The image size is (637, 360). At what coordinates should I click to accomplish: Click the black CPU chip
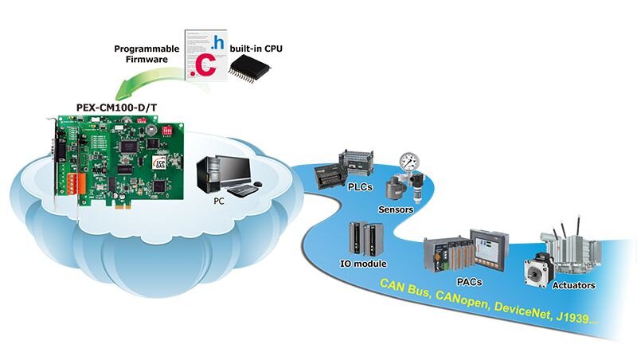[x=249, y=70]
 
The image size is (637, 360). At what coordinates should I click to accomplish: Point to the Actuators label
[x=573, y=284]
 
